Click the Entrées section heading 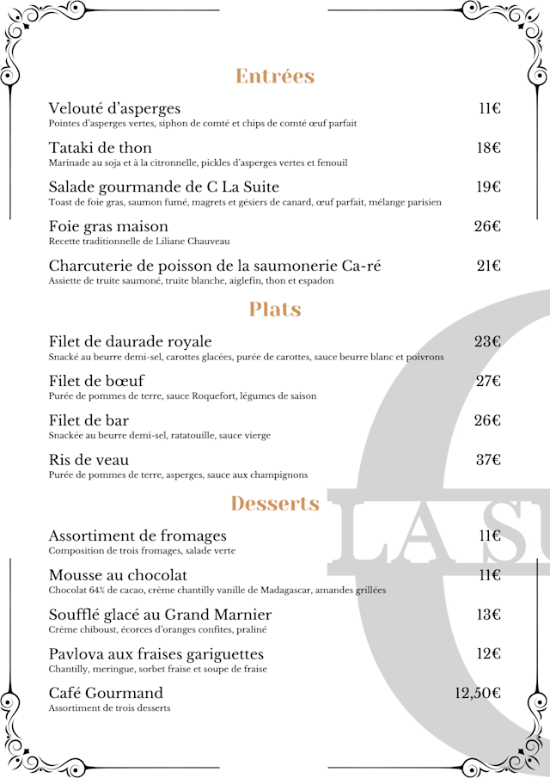tap(275, 77)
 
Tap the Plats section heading tap(275, 309)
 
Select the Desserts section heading tap(275, 503)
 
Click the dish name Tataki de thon tap(101, 148)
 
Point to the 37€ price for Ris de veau tap(488, 460)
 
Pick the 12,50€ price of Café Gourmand tap(478, 694)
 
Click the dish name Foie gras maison tap(108, 227)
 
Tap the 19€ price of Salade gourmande tap(488, 187)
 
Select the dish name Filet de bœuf tap(96, 381)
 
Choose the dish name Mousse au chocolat tap(118, 575)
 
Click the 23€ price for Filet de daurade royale tap(487, 342)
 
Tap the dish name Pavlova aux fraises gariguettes tap(156, 654)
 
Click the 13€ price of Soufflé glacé tap(488, 615)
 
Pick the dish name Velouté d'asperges tap(114, 108)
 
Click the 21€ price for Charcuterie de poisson tap(488, 266)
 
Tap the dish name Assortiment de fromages tap(137, 536)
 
